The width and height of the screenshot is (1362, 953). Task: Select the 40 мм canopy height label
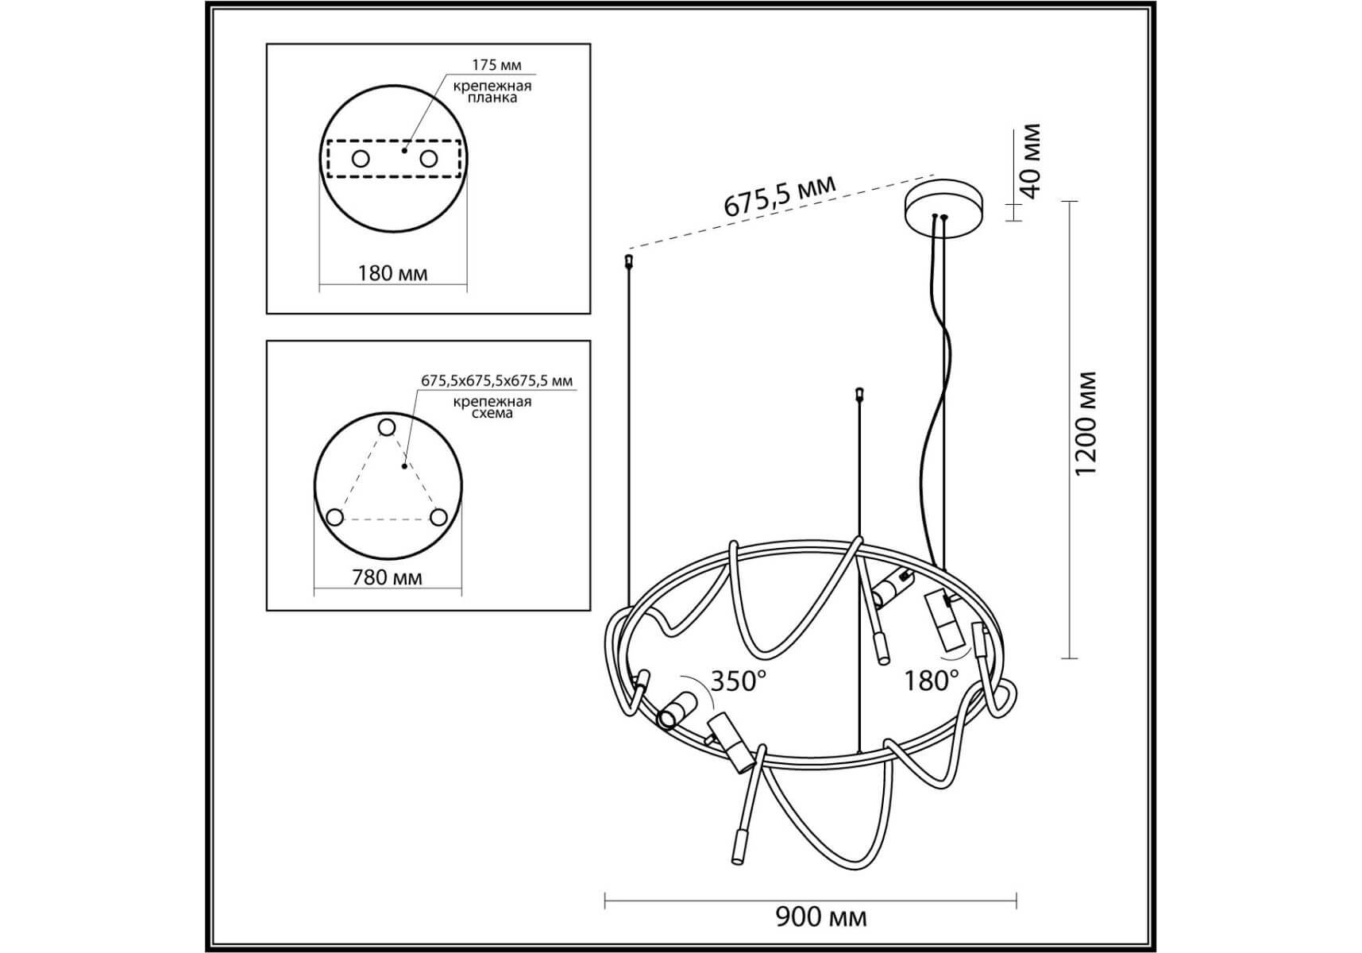tap(1029, 161)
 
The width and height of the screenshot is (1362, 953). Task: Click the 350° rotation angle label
tap(739, 681)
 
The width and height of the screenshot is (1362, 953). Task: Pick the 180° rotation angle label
tap(932, 680)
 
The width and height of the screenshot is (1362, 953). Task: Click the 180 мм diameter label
tap(392, 273)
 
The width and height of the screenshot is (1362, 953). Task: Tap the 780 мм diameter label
tap(387, 577)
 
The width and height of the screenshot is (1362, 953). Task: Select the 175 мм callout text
tap(497, 65)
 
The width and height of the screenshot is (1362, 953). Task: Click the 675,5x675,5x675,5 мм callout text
tap(496, 380)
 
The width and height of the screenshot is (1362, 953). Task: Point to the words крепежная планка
tap(492, 91)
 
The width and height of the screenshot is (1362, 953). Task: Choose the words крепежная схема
tap(492, 407)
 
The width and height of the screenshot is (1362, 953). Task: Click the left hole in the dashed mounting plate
tap(361, 159)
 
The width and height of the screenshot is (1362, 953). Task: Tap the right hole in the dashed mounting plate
tap(429, 159)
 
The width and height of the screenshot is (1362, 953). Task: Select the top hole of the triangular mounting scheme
tap(387, 428)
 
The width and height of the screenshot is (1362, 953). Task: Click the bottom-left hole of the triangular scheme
tap(335, 518)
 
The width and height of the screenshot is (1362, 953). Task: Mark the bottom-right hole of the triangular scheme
tap(438, 518)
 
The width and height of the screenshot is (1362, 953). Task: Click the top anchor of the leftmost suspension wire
tap(629, 260)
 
